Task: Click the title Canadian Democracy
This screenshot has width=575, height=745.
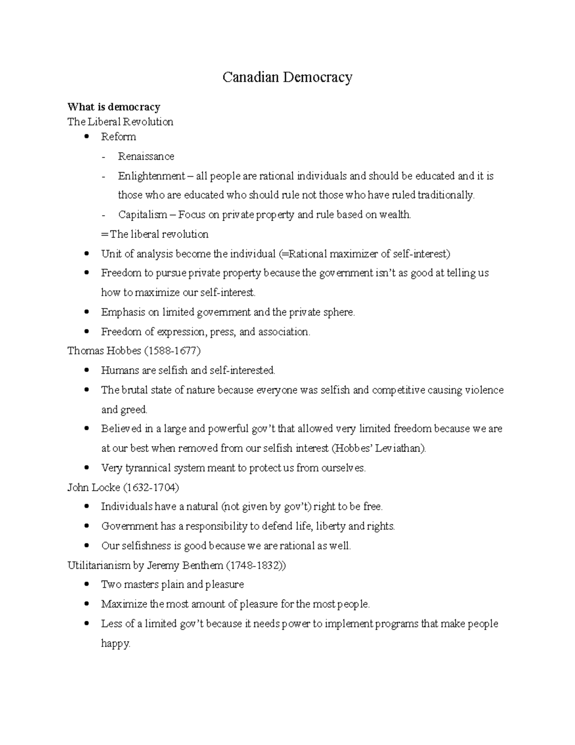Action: (x=287, y=77)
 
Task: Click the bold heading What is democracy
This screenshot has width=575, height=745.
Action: (x=114, y=106)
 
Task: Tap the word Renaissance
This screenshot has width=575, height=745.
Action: (x=146, y=156)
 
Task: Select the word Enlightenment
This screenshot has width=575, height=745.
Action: (x=151, y=176)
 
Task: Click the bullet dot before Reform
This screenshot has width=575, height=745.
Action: (x=86, y=137)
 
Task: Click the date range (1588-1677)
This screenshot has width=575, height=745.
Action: (x=172, y=351)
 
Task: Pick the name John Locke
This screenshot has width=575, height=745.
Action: (x=93, y=487)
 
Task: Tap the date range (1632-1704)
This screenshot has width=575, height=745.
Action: (x=151, y=487)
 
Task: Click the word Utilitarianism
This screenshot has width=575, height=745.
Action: (x=99, y=565)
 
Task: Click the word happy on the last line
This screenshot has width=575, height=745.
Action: (x=115, y=643)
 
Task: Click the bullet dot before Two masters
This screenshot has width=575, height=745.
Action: (x=86, y=585)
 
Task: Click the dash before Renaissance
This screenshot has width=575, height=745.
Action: (x=103, y=157)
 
